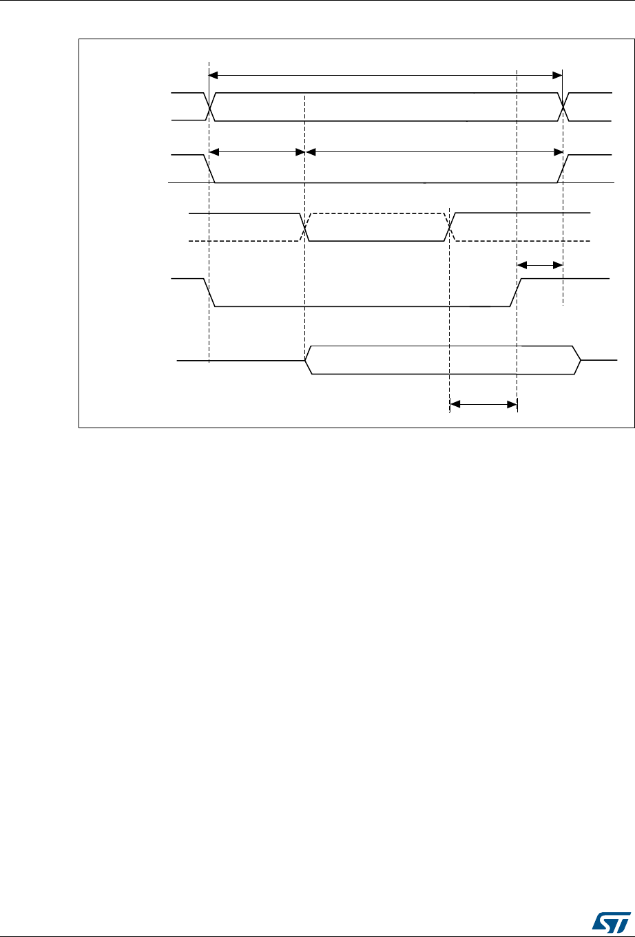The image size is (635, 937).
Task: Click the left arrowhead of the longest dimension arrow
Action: pyautogui.click(x=212, y=74)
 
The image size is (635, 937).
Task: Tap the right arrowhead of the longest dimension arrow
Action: pyautogui.click(x=559, y=74)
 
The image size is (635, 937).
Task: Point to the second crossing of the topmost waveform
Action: pyautogui.click(x=563, y=106)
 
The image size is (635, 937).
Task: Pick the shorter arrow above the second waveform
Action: pyautogui.click(x=256, y=151)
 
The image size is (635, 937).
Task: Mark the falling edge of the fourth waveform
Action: pyautogui.click(x=211, y=293)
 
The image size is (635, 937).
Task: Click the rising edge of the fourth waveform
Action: pyautogui.click(x=516, y=293)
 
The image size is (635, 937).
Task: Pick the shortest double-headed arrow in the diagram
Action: pyautogui.click(x=540, y=264)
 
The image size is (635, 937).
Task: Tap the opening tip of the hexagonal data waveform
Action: pyautogui.click(x=306, y=360)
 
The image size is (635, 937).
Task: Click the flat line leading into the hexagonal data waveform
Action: pyautogui.click(x=241, y=360)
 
